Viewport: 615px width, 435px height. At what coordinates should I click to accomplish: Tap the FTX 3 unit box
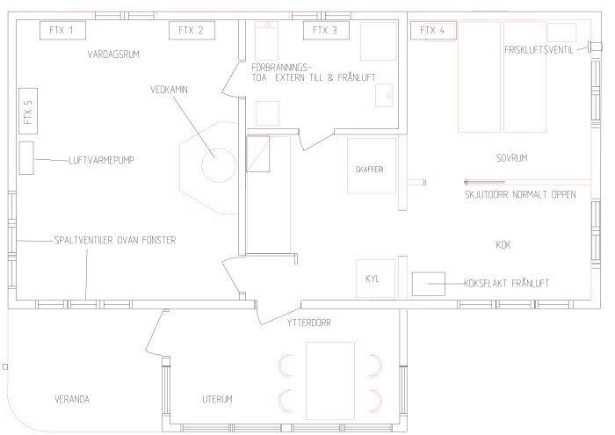coord(324,30)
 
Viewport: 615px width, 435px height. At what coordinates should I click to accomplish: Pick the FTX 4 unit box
coord(432,30)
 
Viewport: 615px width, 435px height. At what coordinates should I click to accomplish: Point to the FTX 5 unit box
coord(28,113)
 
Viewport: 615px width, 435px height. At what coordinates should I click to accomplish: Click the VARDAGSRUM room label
coord(113,54)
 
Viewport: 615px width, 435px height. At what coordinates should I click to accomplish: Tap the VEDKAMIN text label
coord(170,89)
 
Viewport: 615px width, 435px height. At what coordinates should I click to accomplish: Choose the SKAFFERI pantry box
coord(370,168)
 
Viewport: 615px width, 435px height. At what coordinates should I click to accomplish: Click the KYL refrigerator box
coord(370,279)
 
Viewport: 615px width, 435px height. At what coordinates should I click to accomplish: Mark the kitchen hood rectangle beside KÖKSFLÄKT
coord(430,284)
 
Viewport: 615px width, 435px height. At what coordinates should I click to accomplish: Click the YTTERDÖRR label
coord(307,323)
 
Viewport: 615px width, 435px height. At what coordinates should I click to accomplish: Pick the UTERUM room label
coord(216,399)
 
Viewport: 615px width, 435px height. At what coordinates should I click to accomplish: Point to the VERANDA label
coord(71,399)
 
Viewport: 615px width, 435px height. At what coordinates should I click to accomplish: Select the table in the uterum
coord(329,375)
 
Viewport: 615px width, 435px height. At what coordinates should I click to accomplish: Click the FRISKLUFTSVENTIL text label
coord(539,49)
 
